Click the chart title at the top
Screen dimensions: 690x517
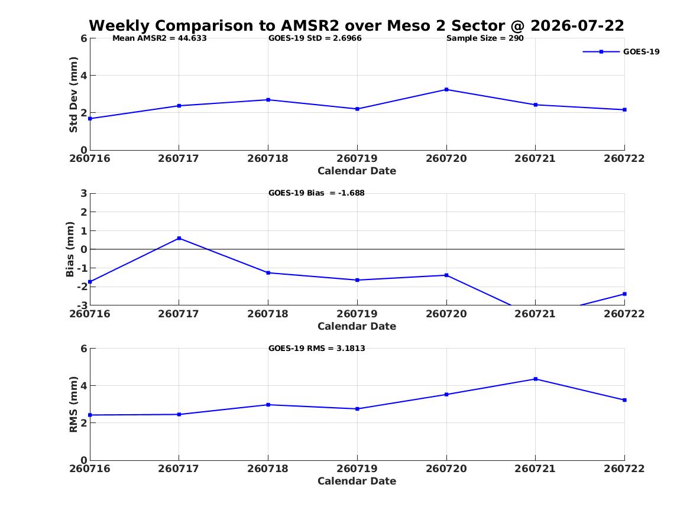coord(357,26)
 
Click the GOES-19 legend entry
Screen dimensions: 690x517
coord(621,51)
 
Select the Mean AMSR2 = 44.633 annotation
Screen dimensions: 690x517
coord(159,38)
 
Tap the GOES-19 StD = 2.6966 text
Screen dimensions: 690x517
coord(315,38)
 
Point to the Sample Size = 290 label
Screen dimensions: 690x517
coord(485,38)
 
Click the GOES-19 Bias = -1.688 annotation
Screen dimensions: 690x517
coord(316,193)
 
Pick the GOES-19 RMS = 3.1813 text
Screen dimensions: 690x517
coord(317,348)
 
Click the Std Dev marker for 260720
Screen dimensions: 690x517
coord(446,90)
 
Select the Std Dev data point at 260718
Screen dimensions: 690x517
coord(268,100)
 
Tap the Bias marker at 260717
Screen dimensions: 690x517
coord(179,238)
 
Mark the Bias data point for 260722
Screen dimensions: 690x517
coord(624,294)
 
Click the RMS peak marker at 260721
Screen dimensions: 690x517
coord(536,379)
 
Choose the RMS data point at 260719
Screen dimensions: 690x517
coord(357,409)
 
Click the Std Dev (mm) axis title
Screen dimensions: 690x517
coord(73,95)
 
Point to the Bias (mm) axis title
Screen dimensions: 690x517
coord(70,249)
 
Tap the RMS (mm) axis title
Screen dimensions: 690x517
coord(73,405)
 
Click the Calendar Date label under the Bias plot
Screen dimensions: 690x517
coord(357,326)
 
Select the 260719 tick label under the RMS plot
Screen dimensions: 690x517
coord(357,469)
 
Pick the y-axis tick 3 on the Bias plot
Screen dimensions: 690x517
coord(83,193)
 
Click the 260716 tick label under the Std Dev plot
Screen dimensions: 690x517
coord(90,158)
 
